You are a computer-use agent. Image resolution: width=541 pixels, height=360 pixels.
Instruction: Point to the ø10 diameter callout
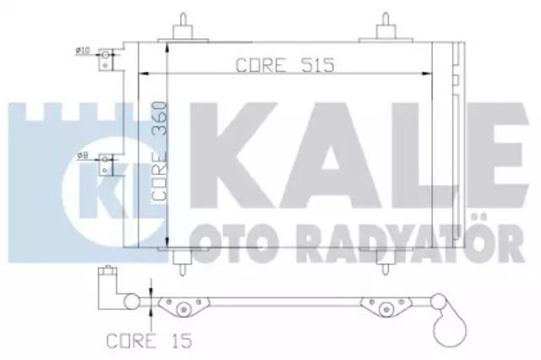(x=84, y=51)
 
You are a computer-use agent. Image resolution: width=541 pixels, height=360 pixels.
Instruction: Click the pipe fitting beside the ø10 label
(x=107, y=60)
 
